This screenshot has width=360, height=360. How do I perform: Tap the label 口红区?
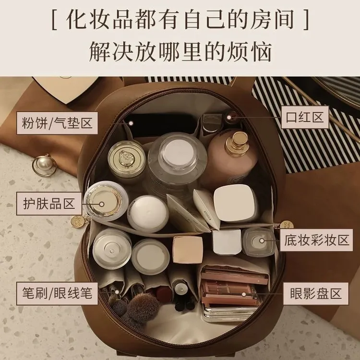(305, 117)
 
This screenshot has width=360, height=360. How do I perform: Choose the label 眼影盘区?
(315, 292)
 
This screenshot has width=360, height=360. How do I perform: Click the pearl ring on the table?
(44, 164)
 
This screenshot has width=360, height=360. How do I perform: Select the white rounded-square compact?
(235, 203)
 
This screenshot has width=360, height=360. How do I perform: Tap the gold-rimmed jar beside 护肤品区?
(105, 200)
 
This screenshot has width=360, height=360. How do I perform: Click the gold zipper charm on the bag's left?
(76, 222)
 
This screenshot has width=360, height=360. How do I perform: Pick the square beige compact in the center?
(187, 250)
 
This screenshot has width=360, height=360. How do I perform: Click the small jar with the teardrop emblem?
(127, 158)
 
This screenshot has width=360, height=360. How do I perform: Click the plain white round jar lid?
(147, 213)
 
